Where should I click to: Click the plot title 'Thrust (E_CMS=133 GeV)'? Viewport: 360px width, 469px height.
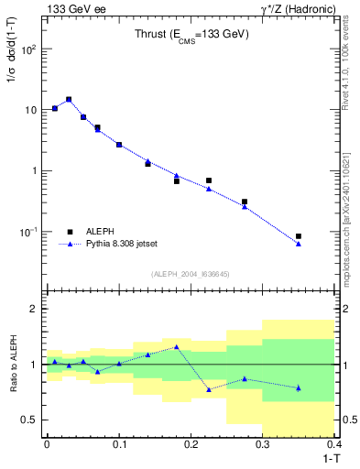coord(191,37)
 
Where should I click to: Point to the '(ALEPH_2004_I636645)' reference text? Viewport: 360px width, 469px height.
coord(190,273)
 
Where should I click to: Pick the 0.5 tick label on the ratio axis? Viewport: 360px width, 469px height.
coord(29,420)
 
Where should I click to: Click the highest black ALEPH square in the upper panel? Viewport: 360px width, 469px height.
coord(69,99)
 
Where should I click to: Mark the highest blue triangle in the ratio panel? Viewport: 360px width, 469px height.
coord(176,346)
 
